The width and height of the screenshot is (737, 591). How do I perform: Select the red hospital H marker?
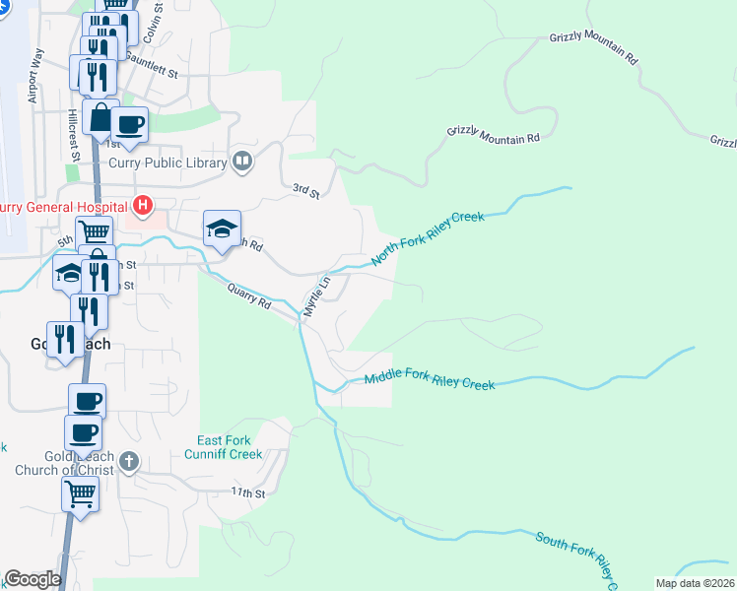[x=144, y=206]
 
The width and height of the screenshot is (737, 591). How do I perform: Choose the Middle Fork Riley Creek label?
[x=429, y=381]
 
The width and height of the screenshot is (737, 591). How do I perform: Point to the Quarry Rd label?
[x=248, y=296]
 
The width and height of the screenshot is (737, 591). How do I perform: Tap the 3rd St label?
[x=306, y=190]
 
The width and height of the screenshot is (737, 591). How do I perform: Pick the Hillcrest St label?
[x=74, y=134]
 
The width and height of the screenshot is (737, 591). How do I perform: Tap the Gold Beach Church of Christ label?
[x=75, y=464]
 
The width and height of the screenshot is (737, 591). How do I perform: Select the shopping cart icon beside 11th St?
[x=80, y=494]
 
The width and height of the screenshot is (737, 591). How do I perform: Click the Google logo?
[x=32, y=580]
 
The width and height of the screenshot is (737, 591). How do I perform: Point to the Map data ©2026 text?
[x=696, y=583]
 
